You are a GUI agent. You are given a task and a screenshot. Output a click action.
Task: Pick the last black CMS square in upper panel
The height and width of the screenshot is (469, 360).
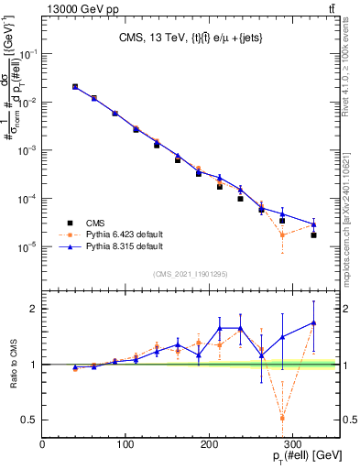coord(313,235)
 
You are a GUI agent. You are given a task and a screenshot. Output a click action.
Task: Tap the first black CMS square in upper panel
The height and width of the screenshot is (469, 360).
coord(75,87)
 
